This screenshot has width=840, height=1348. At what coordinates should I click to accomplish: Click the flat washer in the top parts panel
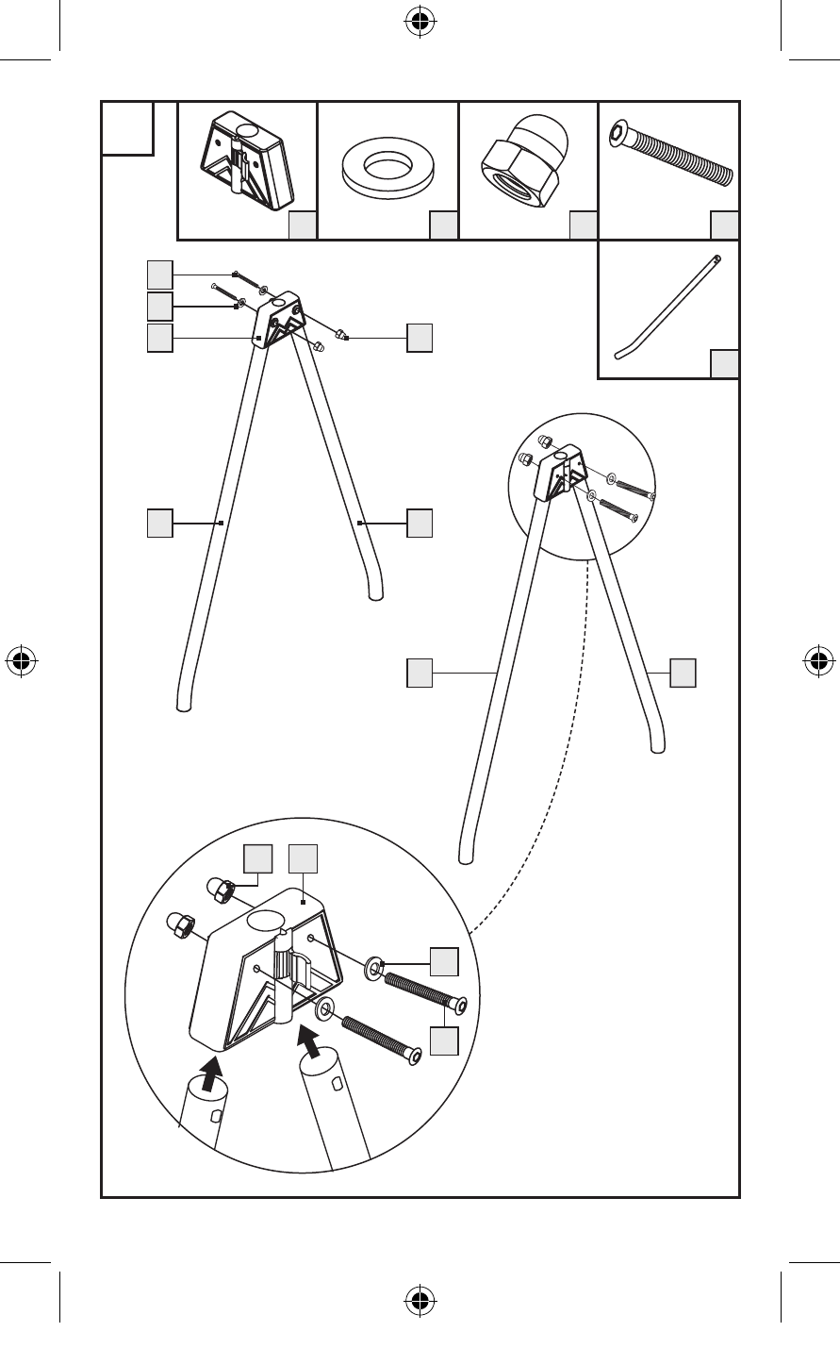(387, 168)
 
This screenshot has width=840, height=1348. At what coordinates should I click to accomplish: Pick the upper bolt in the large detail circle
(423, 993)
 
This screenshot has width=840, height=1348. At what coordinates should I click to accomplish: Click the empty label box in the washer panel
(443, 225)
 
